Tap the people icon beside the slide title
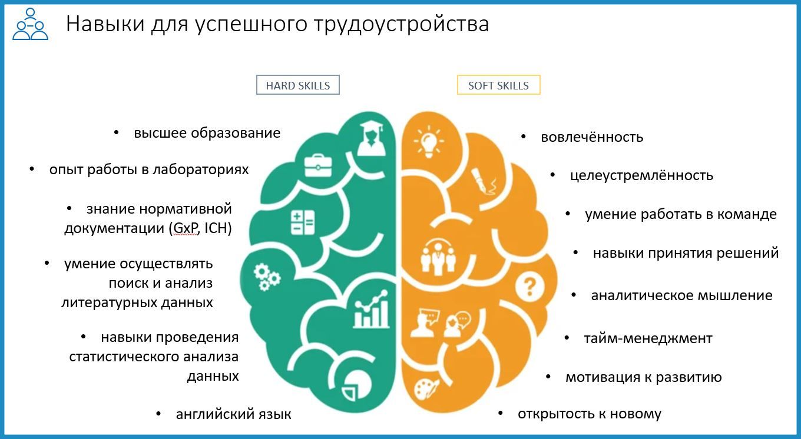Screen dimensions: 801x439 pyautogui.click(x=30, y=24)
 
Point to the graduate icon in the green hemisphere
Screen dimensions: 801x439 pyautogui.click(x=371, y=139)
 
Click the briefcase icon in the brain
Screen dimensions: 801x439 pyautogui.click(x=318, y=166)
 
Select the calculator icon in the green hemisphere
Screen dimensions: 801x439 pyautogui.click(x=303, y=222)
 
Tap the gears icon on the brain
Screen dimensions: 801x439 pyautogui.click(x=267, y=277)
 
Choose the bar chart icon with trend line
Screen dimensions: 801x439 pyautogui.click(x=371, y=310)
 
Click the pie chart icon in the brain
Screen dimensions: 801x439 pyautogui.click(x=356, y=386)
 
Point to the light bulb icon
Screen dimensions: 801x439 pyautogui.click(x=429, y=141)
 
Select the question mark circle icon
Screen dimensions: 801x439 pyautogui.click(x=530, y=287)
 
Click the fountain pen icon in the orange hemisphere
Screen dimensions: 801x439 pyautogui.click(x=484, y=182)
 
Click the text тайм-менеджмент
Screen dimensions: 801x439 pyautogui.click(x=648, y=338)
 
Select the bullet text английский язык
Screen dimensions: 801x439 pyautogui.click(x=233, y=414)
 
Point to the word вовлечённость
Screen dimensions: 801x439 pyautogui.click(x=592, y=137)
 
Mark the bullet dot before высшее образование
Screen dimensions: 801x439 pyautogui.click(x=116, y=133)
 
